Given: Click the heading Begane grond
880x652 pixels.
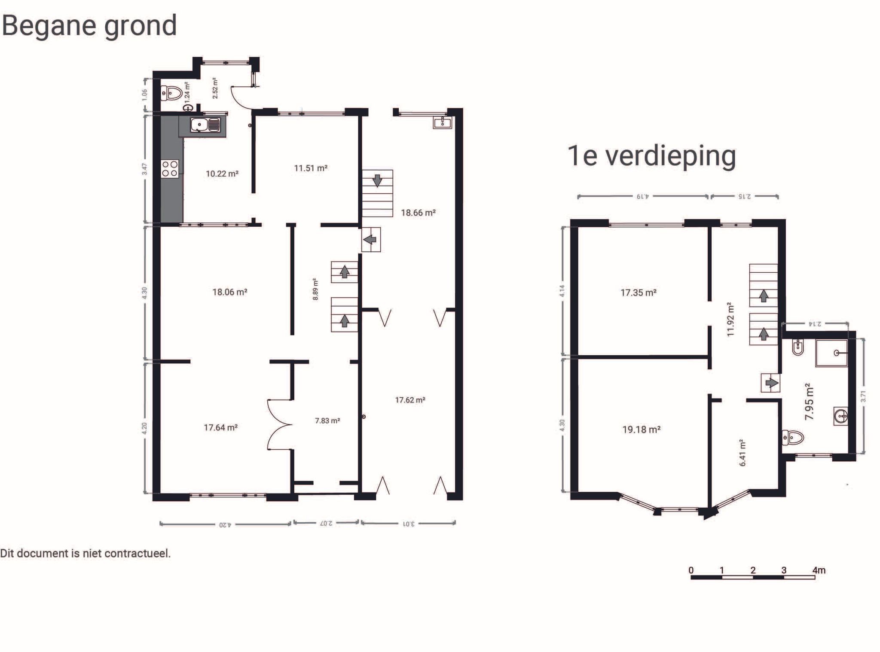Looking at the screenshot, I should (x=89, y=26).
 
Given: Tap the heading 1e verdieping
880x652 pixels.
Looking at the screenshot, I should (x=651, y=155).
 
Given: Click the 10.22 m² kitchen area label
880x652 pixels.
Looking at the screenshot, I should (x=222, y=174).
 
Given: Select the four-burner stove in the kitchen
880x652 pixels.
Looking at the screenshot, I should (x=170, y=168).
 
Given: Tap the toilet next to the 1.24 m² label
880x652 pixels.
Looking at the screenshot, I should (x=171, y=93).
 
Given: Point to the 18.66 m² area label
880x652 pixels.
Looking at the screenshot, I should (x=418, y=213).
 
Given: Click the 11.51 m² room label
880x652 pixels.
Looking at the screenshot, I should (x=311, y=168).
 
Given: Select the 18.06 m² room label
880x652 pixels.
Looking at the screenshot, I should (x=229, y=292).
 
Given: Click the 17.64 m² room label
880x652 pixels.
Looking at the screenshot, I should (x=220, y=427).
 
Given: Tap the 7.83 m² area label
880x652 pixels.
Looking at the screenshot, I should (x=327, y=421).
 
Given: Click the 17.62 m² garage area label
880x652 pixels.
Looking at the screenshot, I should (x=410, y=400).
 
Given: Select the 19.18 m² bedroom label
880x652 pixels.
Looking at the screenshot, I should (x=641, y=430).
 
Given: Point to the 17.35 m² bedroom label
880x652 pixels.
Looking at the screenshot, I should (x=638, y=292).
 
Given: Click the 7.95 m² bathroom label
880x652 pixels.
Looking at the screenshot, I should (x=809, y=402).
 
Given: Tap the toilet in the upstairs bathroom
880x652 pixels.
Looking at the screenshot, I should (x=793, y=438).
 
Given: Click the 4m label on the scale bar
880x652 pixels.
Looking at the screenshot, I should (x=819, y=570).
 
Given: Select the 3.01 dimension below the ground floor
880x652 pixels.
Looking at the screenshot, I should (x=409, y=524).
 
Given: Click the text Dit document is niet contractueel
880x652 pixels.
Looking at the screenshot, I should (x=86, y=553).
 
